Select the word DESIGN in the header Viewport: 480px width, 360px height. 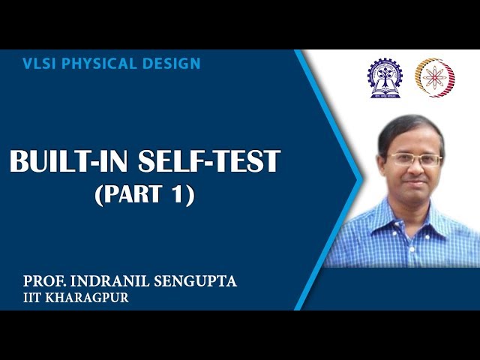173,64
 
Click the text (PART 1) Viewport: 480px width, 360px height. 145,195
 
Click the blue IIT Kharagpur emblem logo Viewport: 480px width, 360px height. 383,78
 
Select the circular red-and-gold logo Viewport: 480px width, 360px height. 435,77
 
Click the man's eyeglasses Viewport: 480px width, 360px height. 414,160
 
